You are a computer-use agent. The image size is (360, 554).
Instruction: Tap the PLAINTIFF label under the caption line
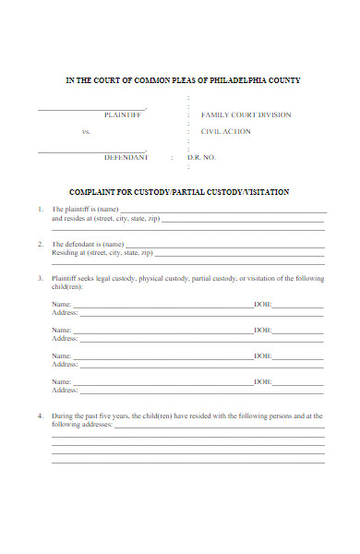click(123, 115)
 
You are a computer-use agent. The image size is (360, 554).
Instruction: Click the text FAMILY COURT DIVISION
click(246, 115)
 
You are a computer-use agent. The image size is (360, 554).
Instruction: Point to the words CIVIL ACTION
click(225, 132)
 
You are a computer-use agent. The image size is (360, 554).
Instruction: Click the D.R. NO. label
click(201, 158)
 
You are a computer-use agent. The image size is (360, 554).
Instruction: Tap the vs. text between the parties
click(87, 132)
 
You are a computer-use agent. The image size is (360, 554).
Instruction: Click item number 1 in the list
click(41, 210)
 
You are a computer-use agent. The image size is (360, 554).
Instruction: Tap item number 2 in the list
click(41, 244)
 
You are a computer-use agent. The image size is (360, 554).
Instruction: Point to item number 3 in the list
click(41, 278)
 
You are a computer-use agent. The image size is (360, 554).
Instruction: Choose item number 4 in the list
click(41, 415)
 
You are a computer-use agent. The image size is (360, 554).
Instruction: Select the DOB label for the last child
click(262, 381)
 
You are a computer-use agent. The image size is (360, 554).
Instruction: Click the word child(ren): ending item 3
click(67, 286)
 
